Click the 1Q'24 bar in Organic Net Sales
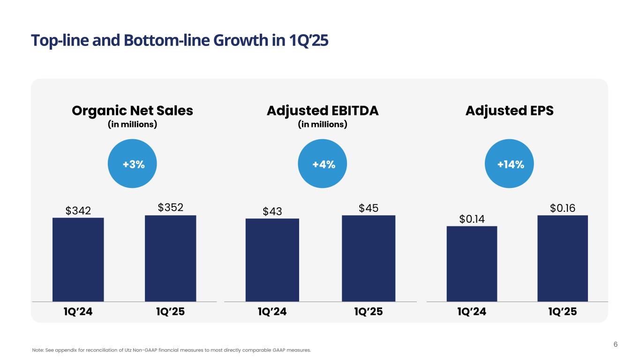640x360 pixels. click(78, 259)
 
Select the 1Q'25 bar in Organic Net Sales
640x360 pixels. click(170, 258)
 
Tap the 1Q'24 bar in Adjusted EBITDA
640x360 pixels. click(272, 260)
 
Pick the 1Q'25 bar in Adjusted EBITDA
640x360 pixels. click(369, 258)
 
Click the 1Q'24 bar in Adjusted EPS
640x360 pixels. click(472, 263)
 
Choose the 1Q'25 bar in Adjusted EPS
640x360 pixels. click(563, 258)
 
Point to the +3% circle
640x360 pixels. click(133, 165)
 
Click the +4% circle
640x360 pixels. click(324, 165)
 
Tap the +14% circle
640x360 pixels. click(511, 165)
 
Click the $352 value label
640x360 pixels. click(170, 207)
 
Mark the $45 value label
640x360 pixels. click(369, 207)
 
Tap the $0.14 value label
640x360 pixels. click(472, 218)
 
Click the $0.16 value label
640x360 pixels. click(563, 207)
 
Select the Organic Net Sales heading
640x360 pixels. click(132, 111)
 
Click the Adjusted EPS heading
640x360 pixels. click(510, 111)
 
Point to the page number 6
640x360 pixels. click(616, 345)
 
